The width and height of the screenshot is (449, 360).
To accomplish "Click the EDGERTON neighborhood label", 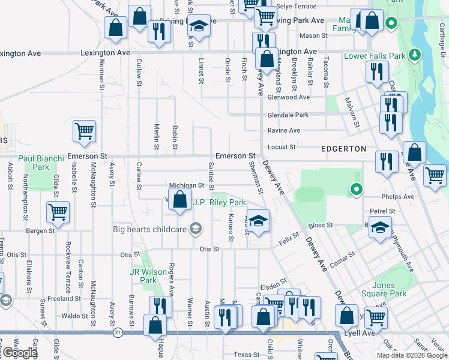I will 344,148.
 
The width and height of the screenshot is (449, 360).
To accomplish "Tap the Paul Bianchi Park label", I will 41,163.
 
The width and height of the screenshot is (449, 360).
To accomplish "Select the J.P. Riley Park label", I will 219,203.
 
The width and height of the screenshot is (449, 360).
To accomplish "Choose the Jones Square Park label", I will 384,289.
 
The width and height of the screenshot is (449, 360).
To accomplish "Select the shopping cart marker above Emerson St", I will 84,131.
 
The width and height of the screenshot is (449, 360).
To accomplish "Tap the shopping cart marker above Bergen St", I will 58,211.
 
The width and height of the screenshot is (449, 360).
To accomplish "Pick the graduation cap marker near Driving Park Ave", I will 199,26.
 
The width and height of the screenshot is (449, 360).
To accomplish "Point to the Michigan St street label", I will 187,186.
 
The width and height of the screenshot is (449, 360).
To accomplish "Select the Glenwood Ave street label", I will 289,97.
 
